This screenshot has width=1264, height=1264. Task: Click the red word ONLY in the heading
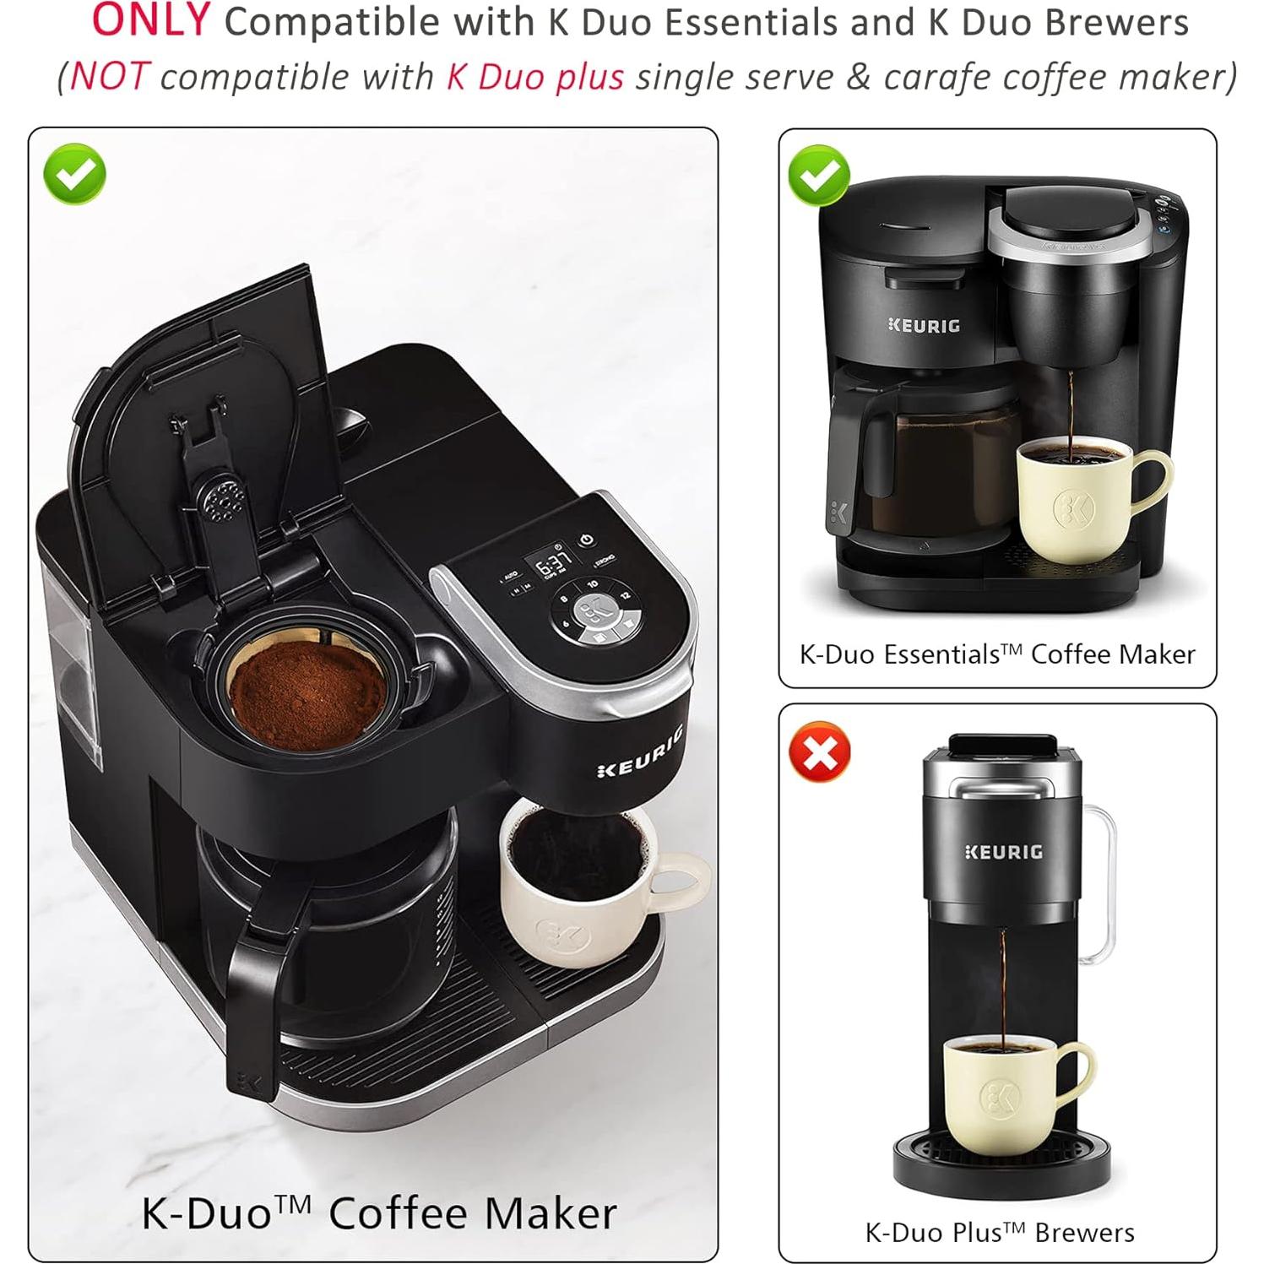click(150, 20)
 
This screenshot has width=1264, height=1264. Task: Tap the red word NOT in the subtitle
click(110, 76)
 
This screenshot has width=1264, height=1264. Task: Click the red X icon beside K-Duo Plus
click(819, 751)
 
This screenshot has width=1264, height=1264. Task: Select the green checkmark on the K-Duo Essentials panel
click(818, 175)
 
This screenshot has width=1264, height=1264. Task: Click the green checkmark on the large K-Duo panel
click(75, 174)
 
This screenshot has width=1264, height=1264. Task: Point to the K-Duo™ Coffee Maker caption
click(378, 1213)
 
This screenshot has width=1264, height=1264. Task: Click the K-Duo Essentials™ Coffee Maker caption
click(997, 654)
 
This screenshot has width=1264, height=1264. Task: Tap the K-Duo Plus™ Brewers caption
click(999, 1232)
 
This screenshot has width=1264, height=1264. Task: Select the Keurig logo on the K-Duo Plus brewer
click(1003, 852)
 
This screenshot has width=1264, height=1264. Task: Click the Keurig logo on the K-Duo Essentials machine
click(925, 325)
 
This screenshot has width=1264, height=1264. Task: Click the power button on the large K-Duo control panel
click(586, 540)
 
